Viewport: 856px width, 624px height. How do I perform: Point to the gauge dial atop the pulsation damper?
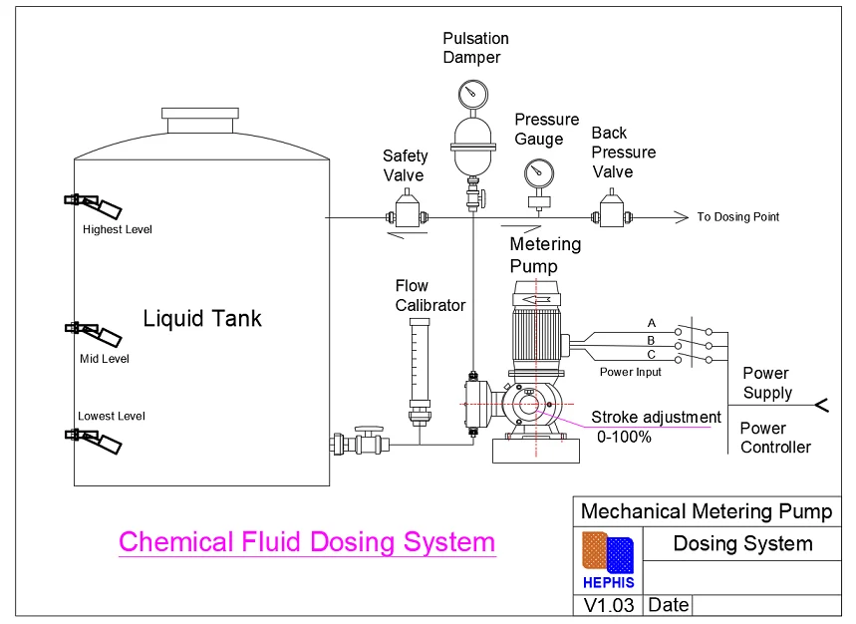pyautogui.click(x=471, y=95)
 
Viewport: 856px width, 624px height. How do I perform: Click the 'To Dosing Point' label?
pyautogui.click(x=737, y=217)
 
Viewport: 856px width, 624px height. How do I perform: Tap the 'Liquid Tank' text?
pyautogui.click(x=202, y=319)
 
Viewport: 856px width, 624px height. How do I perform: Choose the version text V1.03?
pyautogui.click(x=609, y=605)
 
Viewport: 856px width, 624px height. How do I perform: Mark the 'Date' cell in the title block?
pyautogui.click(x=667, y=605)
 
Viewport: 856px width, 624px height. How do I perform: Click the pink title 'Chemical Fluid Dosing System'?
pyautogui.click(x=306, y=542)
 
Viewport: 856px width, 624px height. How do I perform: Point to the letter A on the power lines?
pyautogui.click(x=652, y=323)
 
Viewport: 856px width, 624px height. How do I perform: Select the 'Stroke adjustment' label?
pyautogui.click(x=656, y=417)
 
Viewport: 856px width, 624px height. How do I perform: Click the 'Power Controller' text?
pyautogui.click(x=775, y=438)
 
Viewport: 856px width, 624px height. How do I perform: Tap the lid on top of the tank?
pyautogui.click(x=200, y=121)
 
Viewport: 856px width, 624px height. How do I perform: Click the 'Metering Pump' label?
pyautogui.click(x=545, y=255)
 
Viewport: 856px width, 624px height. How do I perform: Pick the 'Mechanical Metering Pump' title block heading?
pyautogui.click(x=706, y=511)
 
